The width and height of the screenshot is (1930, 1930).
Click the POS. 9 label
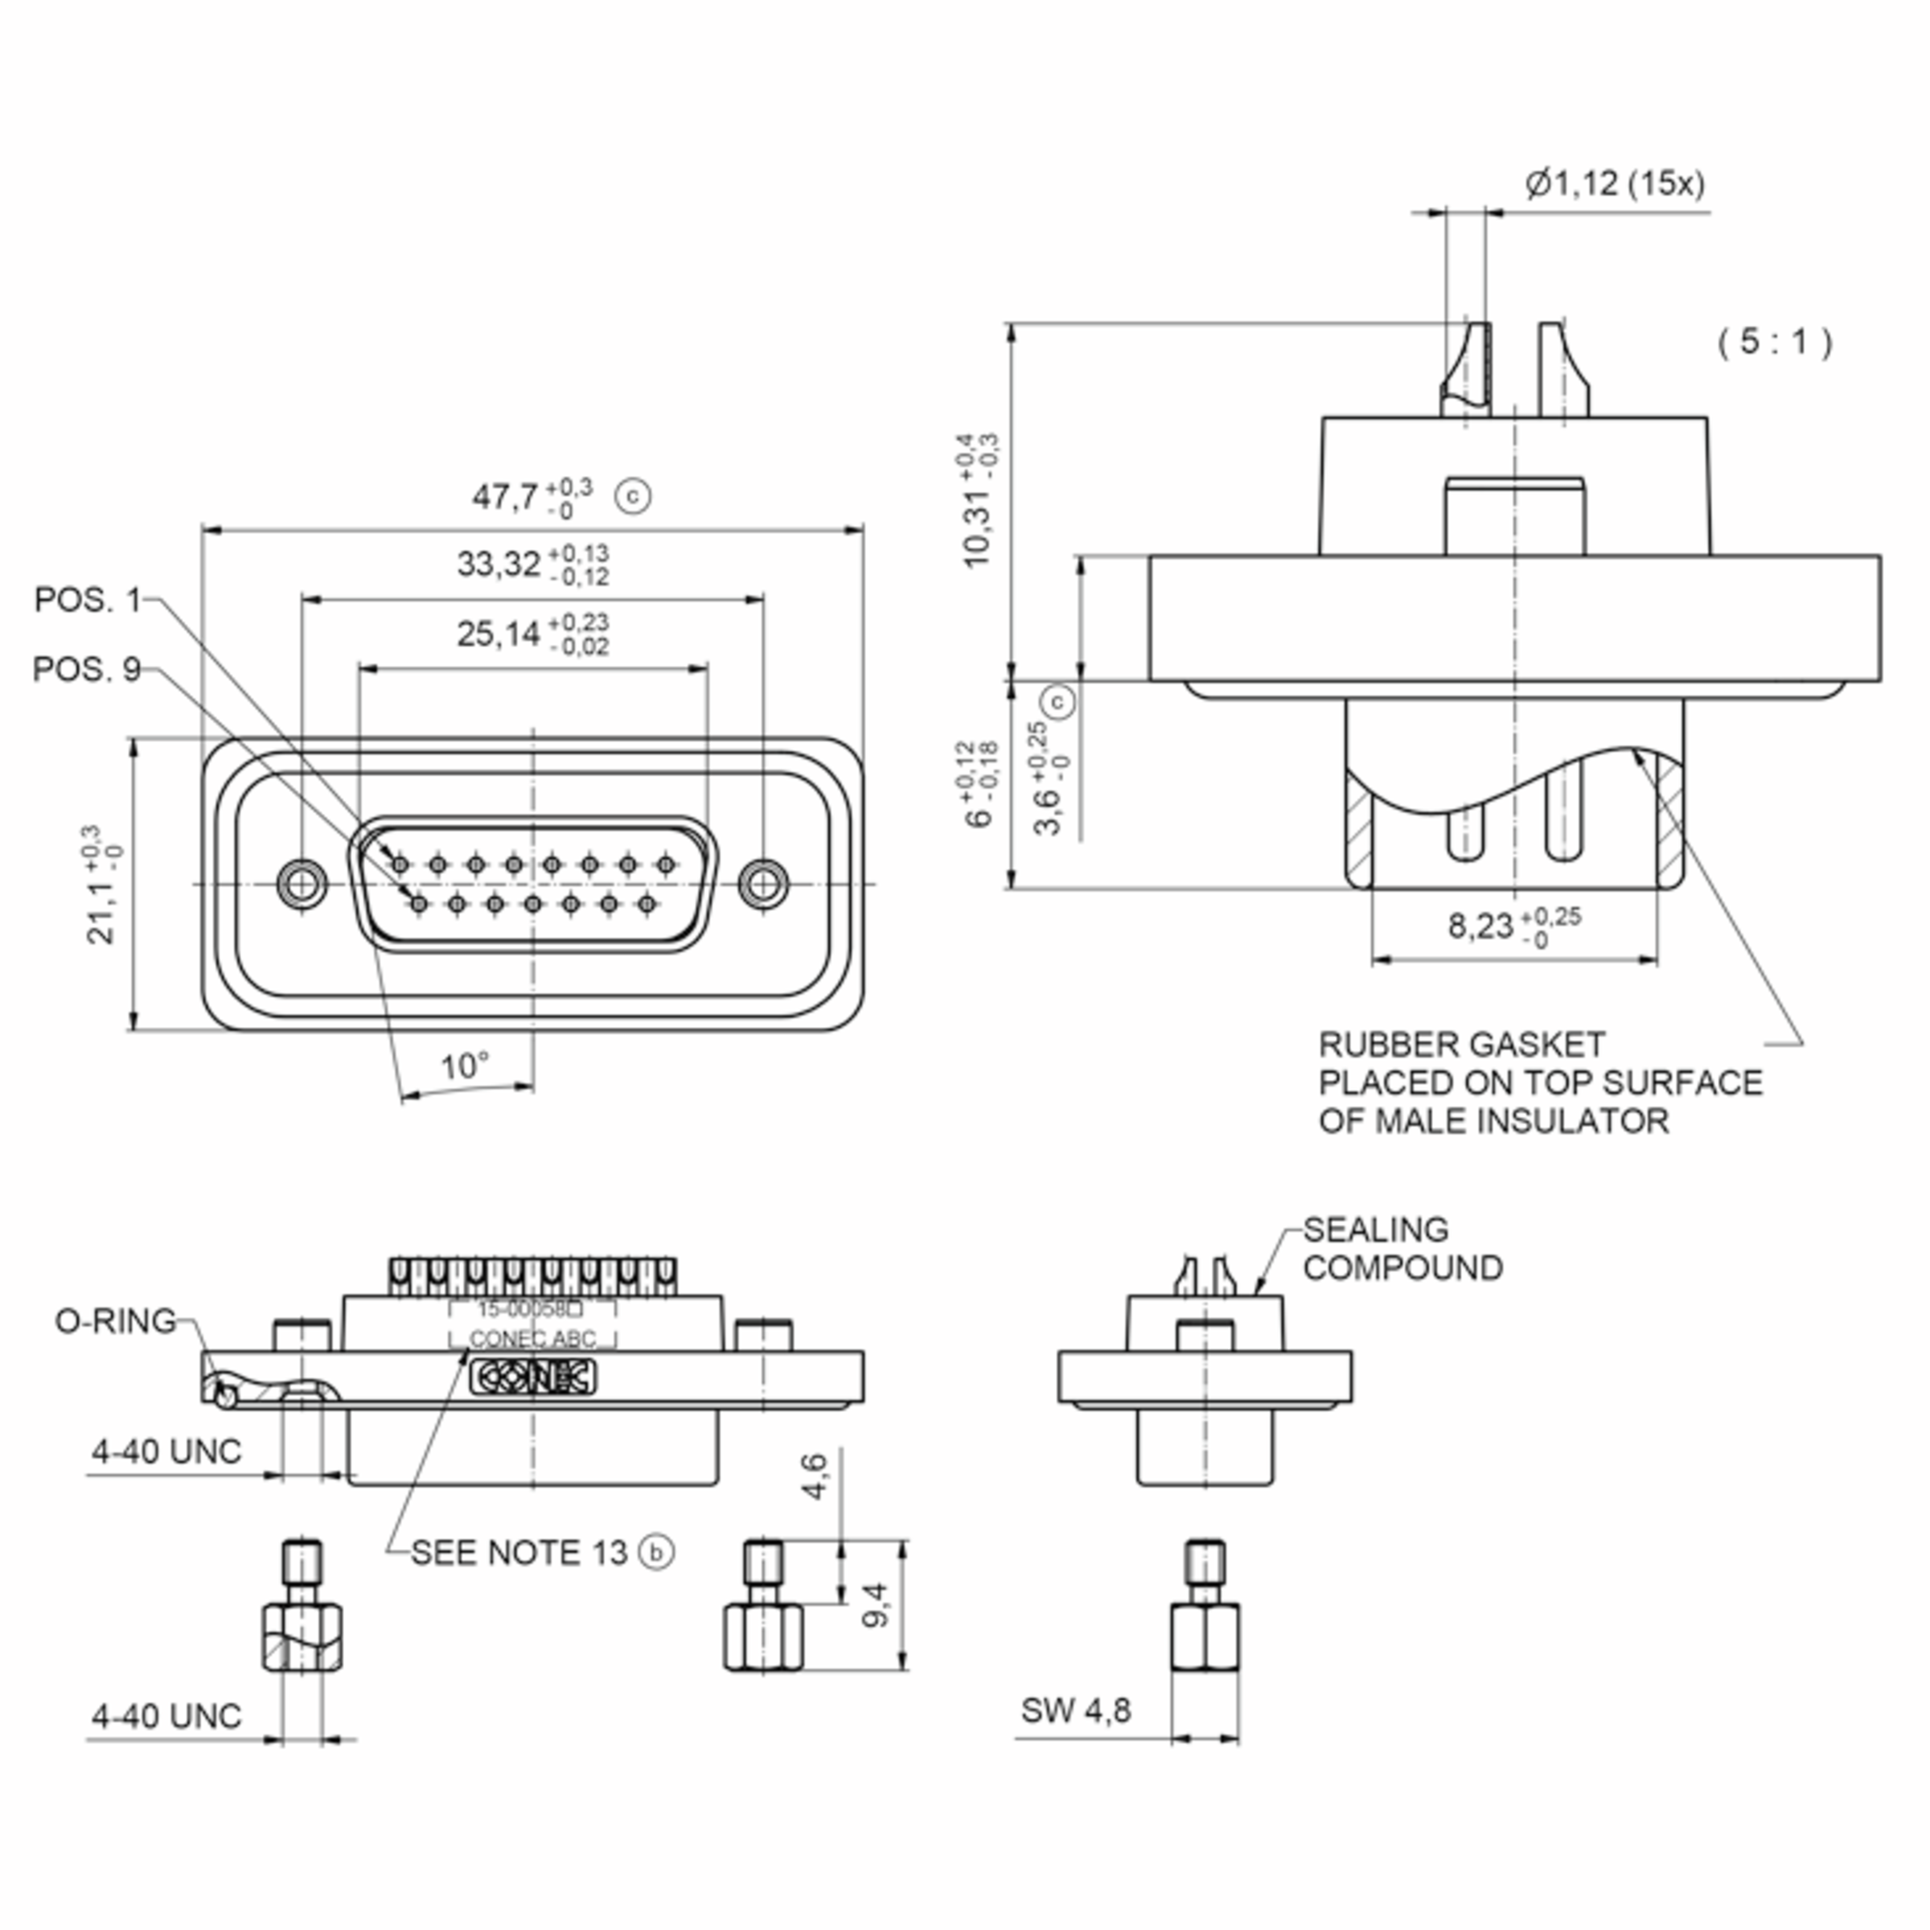(x=87, y=668)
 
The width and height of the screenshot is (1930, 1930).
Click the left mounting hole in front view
(x=302, y=884)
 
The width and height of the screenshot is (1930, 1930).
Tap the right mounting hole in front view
(x=763, y=884)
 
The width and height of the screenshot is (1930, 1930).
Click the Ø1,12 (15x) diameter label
(x=1614, y=184)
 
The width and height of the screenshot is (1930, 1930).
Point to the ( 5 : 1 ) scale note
(x=1774, y=342)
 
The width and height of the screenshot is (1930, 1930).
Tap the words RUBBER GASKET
(x=1461, y=1045)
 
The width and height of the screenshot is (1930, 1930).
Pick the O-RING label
(x=116, y=1320)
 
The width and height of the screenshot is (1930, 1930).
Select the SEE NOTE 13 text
(x=519, y=1552)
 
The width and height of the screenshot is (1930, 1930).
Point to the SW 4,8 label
(x=1076, y=1710)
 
